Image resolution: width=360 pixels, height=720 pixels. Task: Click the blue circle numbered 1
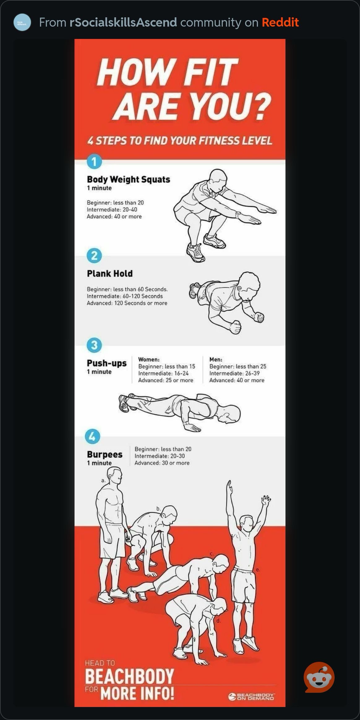click(x=94, y=161)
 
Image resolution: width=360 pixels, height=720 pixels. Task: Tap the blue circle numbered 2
click(x=94, y=256)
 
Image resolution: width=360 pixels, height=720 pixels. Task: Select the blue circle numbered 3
click(x=94, y=345)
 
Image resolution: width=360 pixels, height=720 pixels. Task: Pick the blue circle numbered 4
click(x=92, y=437)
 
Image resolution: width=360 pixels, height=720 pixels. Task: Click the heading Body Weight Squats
click(x=128, y=179)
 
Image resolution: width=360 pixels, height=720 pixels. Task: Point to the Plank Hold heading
click(x=110, y=273)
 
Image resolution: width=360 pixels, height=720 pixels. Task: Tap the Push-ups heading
click(x=107, y=363)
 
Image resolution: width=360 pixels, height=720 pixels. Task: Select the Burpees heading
click(x=105, y=454)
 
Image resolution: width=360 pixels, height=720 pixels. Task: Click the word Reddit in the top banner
click(x=280, y=23)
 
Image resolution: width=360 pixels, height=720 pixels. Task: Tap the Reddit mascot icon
click(x=319, y=677)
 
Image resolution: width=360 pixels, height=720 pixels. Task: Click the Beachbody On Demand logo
click(x=251, y=696)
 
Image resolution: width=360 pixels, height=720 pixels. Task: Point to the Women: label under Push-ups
click(x=149, y=359)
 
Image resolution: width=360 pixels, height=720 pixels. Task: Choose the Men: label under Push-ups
click(x=216, y=359)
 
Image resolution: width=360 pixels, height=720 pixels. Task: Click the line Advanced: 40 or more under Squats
click(x=114, y=216)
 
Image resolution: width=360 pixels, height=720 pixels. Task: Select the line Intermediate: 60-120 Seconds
click(x=125, y=296)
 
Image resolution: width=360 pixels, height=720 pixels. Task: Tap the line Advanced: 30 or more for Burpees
click(x=162, y=463)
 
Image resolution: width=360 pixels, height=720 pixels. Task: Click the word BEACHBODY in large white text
click(x=129, y=676)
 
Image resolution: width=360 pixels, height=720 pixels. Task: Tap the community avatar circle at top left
click(x=22, y=23)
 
